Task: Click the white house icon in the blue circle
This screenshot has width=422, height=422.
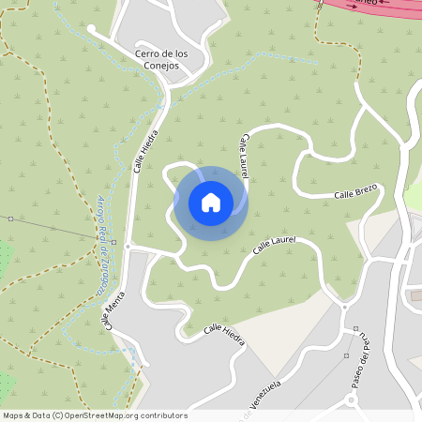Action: pos(211,203)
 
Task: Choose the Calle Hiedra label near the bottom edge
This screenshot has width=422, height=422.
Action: pos(224,334)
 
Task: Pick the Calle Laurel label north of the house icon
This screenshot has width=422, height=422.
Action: pos(245,156)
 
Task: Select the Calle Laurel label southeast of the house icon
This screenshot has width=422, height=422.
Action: pos(275,247)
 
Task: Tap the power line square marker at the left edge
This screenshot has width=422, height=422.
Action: pos(10,219)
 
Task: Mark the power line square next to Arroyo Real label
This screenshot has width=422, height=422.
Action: pos(113,242)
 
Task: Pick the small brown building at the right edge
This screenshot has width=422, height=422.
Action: pos(414,297)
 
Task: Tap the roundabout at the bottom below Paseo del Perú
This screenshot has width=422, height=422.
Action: pos(353,400)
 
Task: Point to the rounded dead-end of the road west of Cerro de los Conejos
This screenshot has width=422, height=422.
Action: pos(92,28)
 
